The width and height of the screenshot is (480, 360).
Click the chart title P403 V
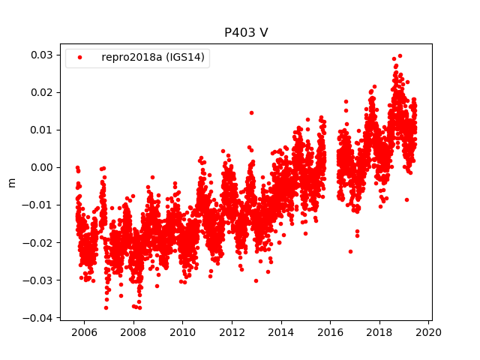[x=246, y=33]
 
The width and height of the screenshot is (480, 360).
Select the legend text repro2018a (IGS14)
[x=154, y=57]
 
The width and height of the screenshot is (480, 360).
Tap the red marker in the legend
[x=81, y=57]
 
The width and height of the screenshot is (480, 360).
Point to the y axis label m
[x=11, y=182]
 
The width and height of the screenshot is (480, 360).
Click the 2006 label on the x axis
[x=84, y=332]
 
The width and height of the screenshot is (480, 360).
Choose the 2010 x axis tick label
[x=182, y=332]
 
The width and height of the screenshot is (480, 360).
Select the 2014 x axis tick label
[x=281, y=332]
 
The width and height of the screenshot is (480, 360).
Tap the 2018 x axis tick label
[x=379, y=332]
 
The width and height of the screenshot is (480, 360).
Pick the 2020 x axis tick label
[x=429, y=332]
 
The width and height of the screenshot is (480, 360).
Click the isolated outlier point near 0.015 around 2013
[x=251, y=112]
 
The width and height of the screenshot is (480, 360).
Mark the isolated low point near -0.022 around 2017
[x=350, y=251]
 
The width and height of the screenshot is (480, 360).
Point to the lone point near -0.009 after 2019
[x=406, y=199]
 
